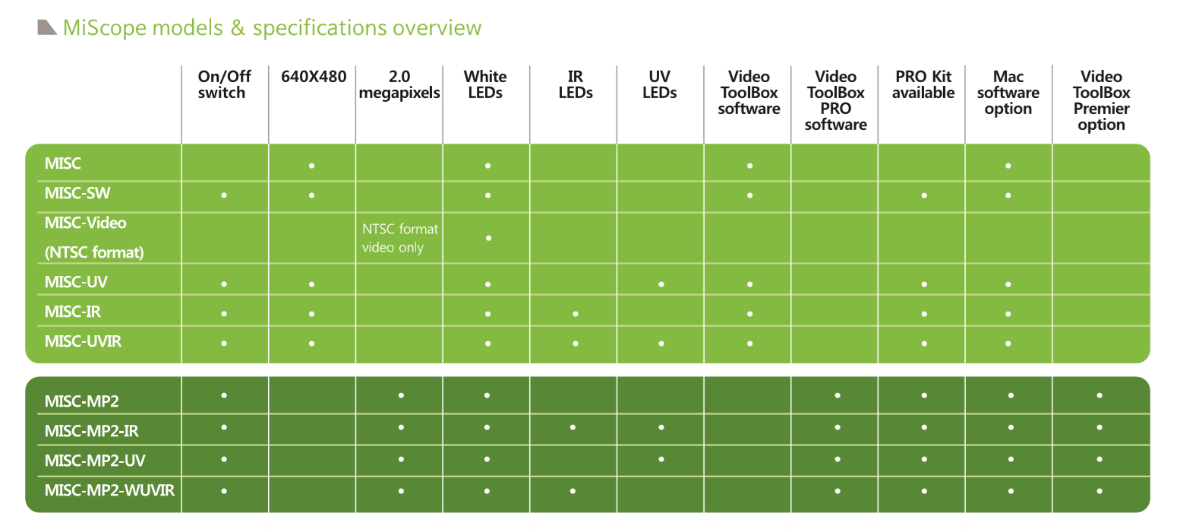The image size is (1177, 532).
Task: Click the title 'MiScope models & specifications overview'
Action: [x=272, y=28]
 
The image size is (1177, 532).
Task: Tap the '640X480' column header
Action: [x=313, y=76]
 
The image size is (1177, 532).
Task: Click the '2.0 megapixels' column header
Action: [x=399, y=84]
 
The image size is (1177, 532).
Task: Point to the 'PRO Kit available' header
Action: [x=923, y=84]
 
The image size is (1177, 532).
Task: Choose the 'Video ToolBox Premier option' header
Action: [x=1101, y=100]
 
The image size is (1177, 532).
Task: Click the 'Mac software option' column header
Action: [x=1008, y=93]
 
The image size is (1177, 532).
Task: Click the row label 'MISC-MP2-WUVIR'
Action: [x=109, y=489]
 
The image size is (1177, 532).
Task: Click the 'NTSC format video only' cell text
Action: [x=399, y=238]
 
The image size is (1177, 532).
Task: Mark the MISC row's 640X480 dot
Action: [x=312, y=165]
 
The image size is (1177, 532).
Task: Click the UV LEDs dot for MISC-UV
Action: [x=661, y=284]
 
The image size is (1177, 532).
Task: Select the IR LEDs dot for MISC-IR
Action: [x=575, y=314]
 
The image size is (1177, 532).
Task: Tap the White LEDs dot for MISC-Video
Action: [x=488, y=238]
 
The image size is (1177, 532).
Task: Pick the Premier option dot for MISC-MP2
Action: [x=1100, y=395]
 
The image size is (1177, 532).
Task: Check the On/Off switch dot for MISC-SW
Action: [x=224, y=195]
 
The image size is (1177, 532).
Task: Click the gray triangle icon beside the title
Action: [x=47, y=27]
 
